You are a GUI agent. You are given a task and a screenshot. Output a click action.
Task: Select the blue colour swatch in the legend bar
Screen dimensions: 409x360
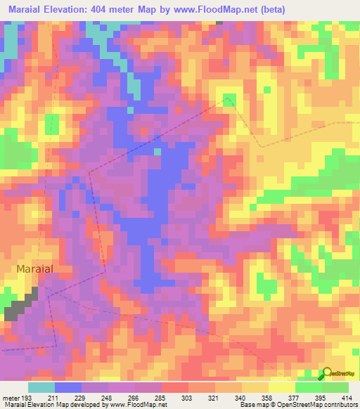pyautogui.click(x=67, y=387)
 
